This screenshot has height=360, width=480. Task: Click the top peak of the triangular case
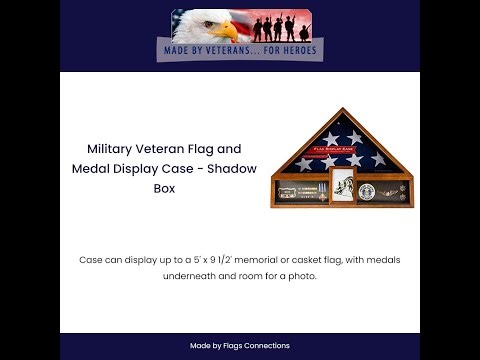343,110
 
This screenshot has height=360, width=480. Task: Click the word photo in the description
301,276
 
